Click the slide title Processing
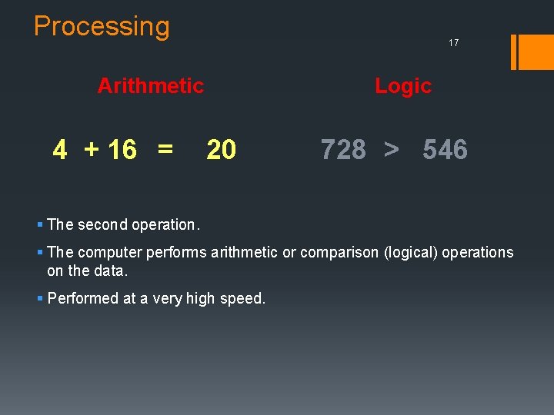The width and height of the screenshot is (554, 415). (x=102, y=27)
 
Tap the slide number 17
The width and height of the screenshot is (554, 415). (x=453, y=43)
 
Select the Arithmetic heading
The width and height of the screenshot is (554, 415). (x=151, y=85)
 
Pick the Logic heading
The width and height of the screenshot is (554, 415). (x=403, y=86)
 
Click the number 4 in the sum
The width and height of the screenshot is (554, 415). (x=60, y=150)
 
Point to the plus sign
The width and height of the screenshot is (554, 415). (x=92, y=150)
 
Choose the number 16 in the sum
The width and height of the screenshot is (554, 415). (x=122, y=150)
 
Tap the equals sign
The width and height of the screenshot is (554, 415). (x=165, y=148)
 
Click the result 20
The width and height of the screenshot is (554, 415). (x=221, y=150)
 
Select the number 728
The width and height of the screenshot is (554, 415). (x=343, y=150)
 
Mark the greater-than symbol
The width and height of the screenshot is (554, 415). (x=392, y=150)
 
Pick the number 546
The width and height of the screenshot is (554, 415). (x=445, y=150)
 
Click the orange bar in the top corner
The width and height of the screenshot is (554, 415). (x=532, y=52)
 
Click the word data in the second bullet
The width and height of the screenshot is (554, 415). (x=112, y=271)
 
